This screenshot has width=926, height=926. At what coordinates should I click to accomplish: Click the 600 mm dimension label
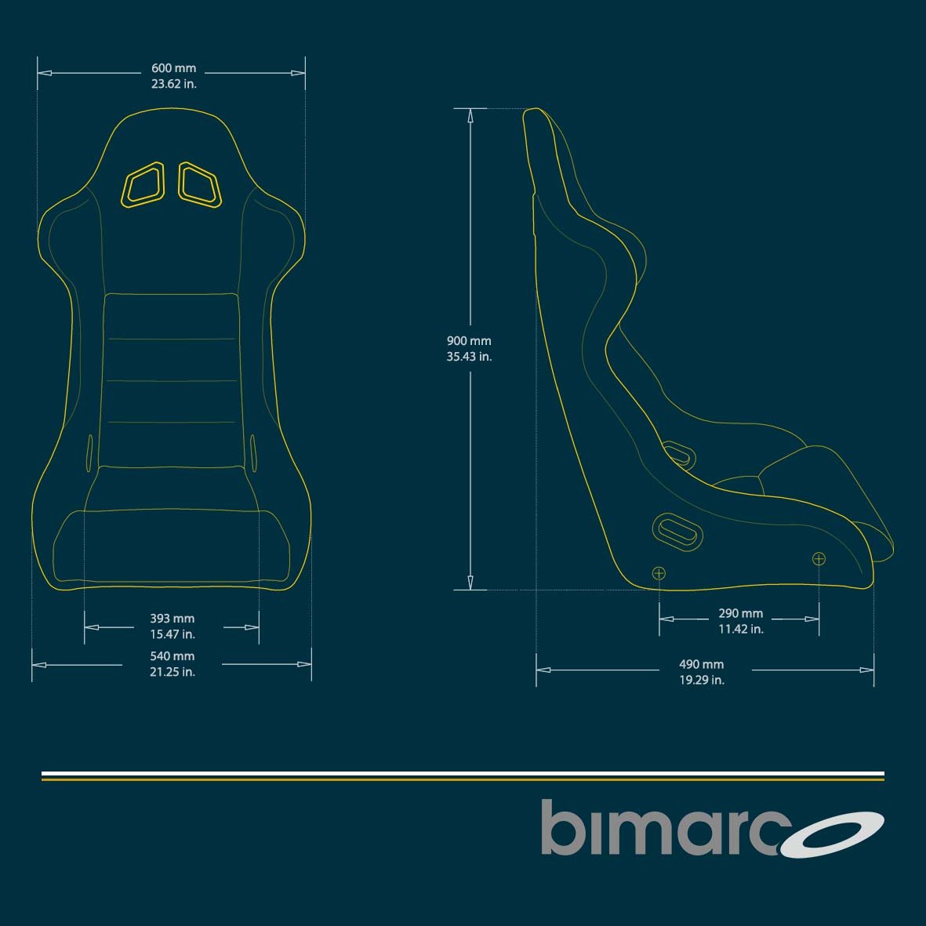[173, 68]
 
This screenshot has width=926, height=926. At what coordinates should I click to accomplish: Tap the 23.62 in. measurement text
[173, 84]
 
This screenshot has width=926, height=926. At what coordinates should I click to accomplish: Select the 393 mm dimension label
[172, 619]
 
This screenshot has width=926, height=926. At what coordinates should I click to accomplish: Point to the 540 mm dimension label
[172, 655]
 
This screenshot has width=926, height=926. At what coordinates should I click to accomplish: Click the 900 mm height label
[469, 341]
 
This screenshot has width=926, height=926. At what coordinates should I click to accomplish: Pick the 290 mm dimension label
[740, 613]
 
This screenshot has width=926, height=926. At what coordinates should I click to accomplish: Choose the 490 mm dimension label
[701, 664]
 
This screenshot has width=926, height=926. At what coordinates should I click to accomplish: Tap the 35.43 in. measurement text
[469, 357]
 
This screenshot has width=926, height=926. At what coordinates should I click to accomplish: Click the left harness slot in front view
[143, 185]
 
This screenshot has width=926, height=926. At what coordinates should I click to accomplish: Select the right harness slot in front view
[200, 185]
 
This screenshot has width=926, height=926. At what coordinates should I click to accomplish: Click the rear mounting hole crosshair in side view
[659, 573]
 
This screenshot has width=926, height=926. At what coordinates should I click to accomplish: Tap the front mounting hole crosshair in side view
[819, 558]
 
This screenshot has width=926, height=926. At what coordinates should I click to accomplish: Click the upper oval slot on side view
[677, 452]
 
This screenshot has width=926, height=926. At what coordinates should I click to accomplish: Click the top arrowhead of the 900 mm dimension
[470, 115]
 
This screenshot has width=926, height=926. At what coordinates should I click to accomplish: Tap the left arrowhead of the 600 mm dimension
[45, 73]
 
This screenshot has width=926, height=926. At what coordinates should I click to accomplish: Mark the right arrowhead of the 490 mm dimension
[867, 670]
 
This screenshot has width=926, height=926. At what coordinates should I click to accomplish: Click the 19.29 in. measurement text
[701, 681]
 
